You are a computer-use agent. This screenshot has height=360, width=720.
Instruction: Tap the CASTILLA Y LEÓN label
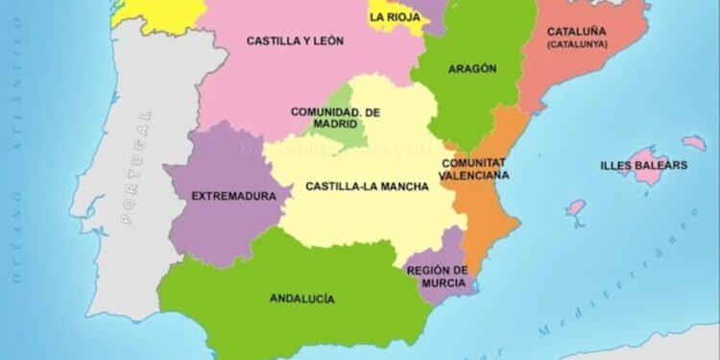click(295, 41)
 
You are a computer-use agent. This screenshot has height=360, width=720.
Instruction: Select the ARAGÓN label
click(472, 69)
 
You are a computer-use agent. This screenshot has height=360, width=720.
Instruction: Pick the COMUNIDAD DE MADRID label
click(335, 118)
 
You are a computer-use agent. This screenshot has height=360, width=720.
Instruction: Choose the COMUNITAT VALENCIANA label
click(475, 169)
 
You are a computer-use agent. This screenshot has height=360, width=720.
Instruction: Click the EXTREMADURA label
click(228, 196)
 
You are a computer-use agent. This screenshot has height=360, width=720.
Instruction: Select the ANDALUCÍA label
click(302, 299)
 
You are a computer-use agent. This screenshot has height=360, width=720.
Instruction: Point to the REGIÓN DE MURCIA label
click(437, 276)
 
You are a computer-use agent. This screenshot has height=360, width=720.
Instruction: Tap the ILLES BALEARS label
click(643, 165)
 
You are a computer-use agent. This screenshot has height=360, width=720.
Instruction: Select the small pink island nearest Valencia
click(576, 206)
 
